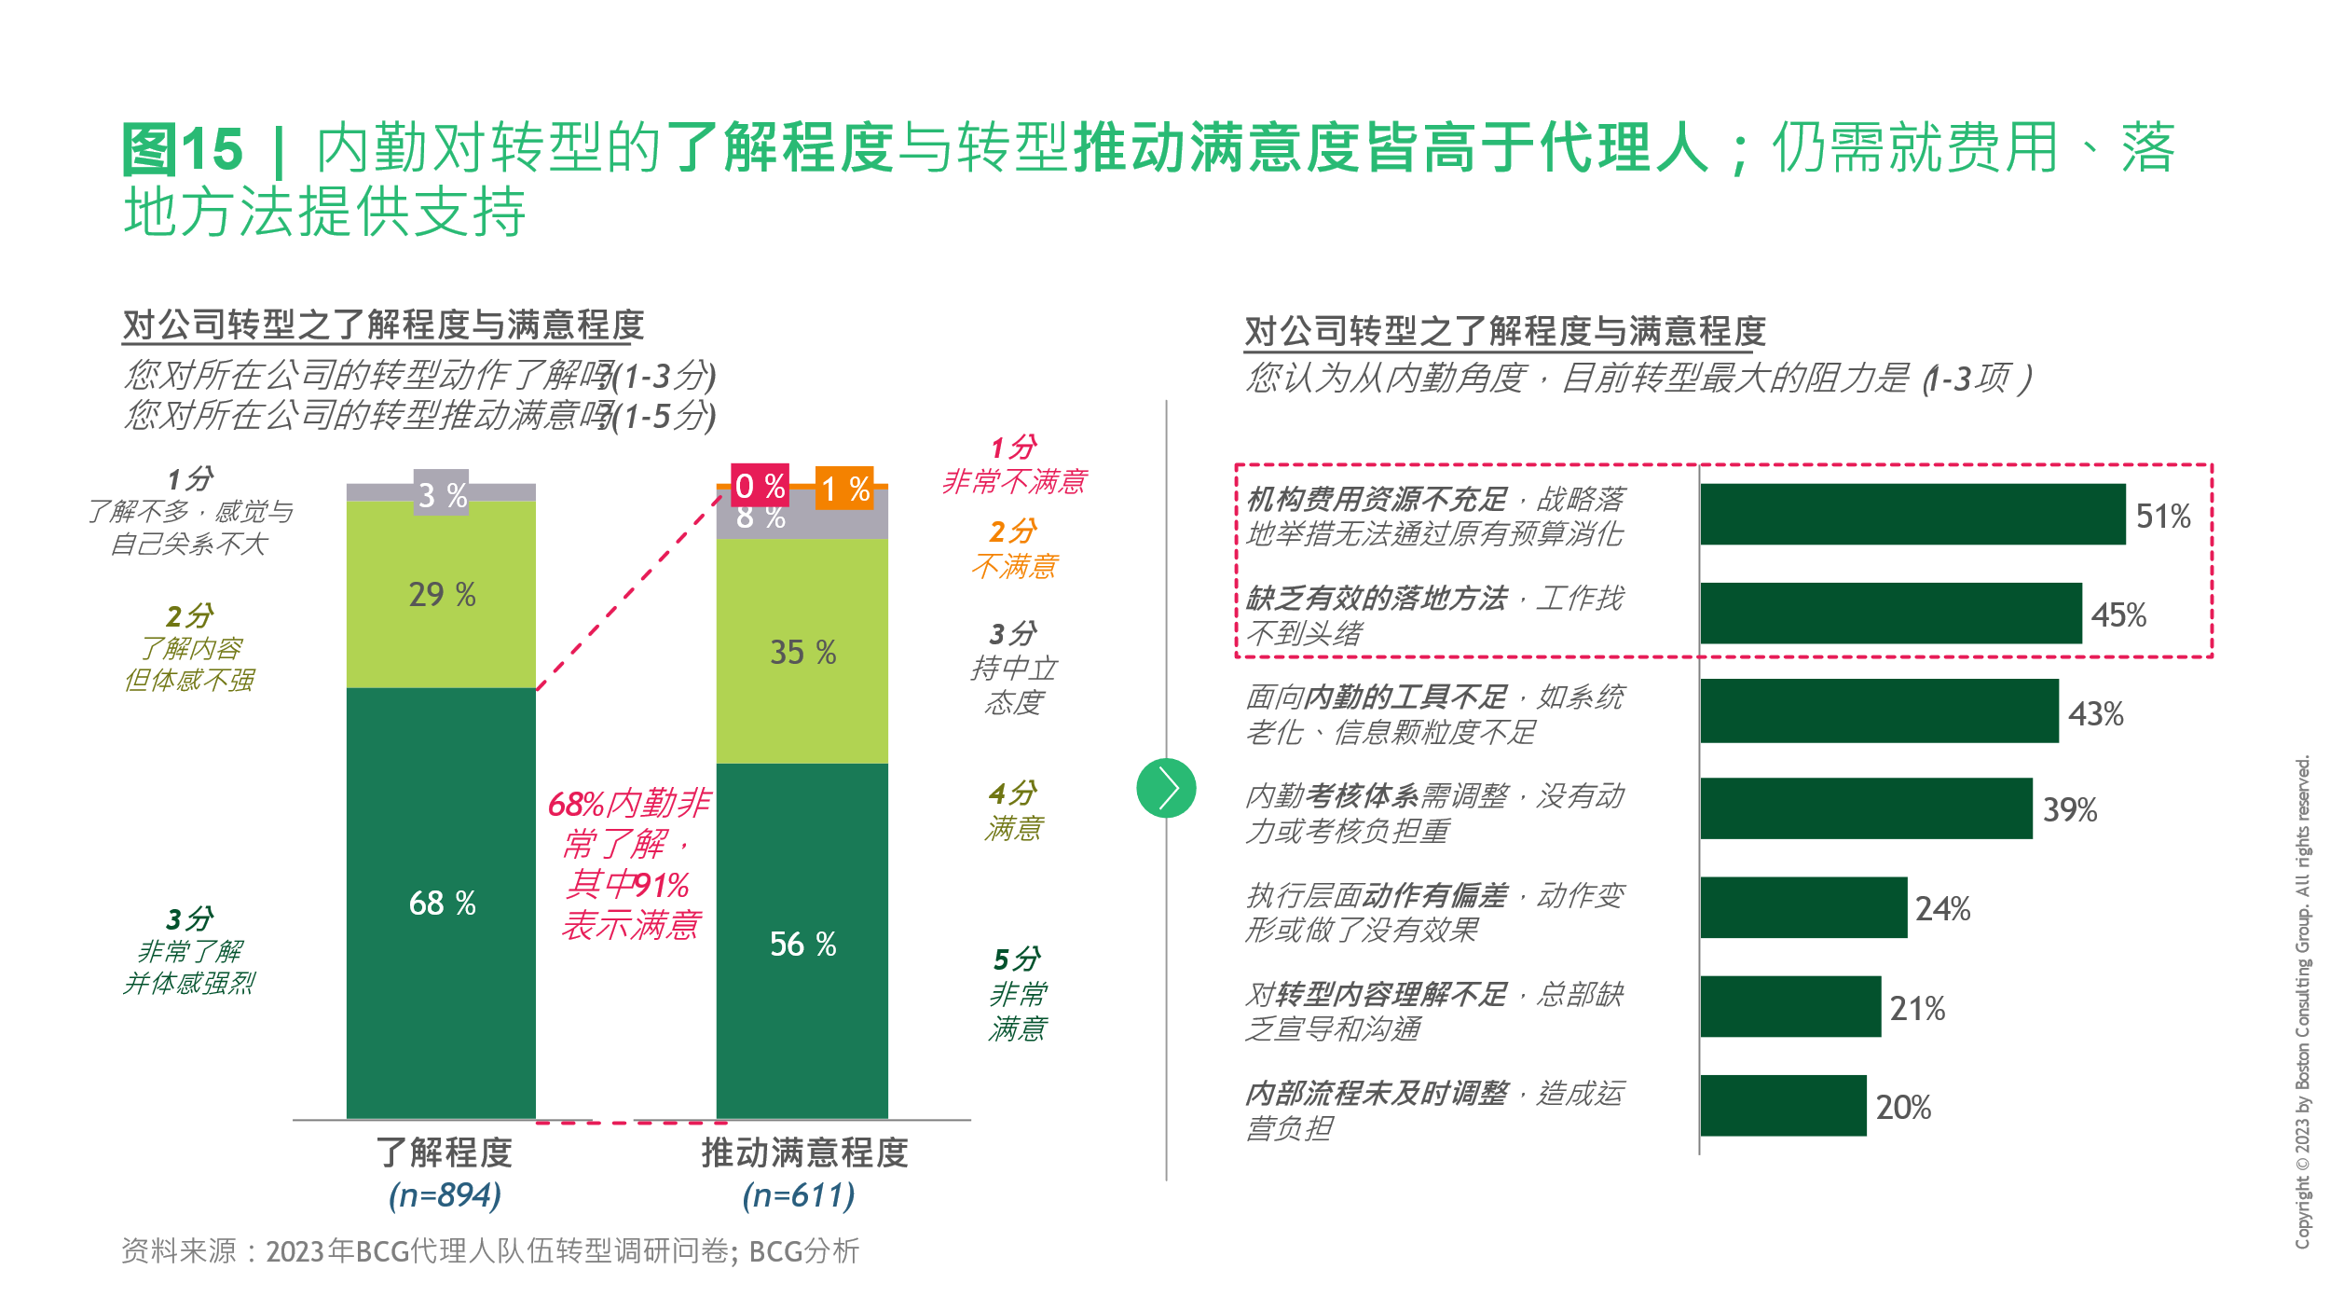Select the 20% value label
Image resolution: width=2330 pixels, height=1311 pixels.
point(1902,1107)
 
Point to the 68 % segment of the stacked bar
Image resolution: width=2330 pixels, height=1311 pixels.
point(441,903)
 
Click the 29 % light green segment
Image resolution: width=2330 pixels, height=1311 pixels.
point(441,594)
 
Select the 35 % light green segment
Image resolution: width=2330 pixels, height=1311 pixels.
point(802,652)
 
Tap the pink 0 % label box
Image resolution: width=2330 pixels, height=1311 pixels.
point(759,486)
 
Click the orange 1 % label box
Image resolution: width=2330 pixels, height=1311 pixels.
point(844,488)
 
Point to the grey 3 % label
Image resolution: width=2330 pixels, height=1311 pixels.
point(441,494)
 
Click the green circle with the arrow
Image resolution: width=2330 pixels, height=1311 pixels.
point(1165,788)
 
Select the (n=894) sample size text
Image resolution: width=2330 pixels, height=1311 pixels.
point(445,1194)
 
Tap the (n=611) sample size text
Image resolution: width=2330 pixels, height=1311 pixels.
point(799,1194)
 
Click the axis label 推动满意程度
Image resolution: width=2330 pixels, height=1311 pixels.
point(804,1153)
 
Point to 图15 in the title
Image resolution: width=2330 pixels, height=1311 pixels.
point(183,149)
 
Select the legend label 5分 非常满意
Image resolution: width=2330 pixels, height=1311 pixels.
point(1017,993)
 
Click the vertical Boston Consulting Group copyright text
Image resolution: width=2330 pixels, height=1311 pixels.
point(2302,1002)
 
